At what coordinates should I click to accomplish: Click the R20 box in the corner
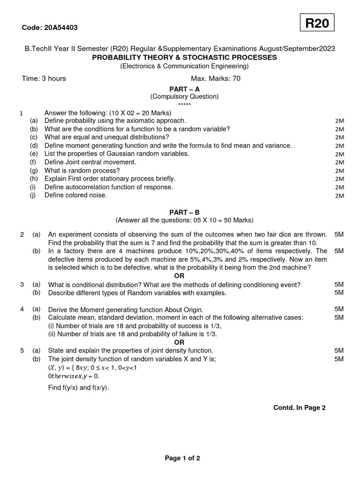(317, 23)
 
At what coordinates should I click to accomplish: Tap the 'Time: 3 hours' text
(44, 78)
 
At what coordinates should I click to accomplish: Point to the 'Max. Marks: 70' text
(216, 78)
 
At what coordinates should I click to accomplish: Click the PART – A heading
(184, 89)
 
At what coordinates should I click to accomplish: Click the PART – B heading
(184, 212)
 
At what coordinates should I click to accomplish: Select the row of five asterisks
(184, 104)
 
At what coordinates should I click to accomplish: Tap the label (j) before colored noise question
(33, 195)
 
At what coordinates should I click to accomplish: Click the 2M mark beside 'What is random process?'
(340, 171)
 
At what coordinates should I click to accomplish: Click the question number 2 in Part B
(22, 234)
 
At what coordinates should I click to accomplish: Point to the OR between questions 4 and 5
(180, 342)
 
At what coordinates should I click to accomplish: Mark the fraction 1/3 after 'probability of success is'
(216, 326)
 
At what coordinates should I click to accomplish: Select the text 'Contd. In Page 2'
(300, 408)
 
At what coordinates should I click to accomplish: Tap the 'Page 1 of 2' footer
(182, 458)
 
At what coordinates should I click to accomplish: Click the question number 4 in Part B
(22, 309)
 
